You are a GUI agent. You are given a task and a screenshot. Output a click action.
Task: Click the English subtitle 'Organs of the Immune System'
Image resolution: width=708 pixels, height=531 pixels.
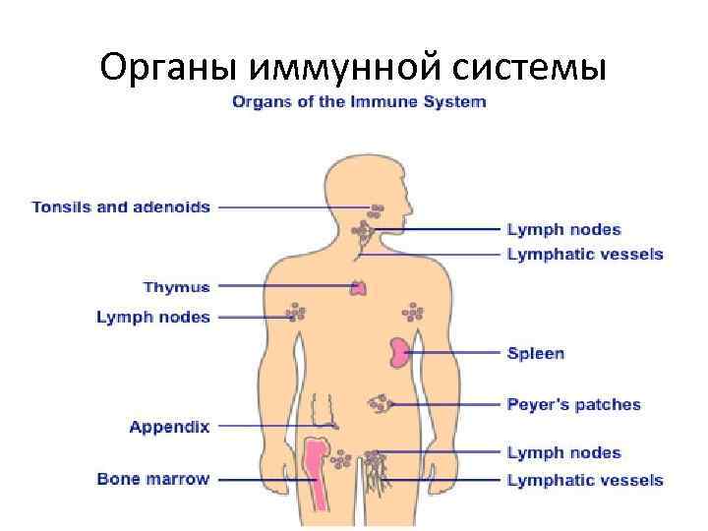pyautogui.click(x=358, y=101)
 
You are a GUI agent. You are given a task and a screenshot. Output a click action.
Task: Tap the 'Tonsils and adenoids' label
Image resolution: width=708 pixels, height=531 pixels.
pyautogui.click(x=121, y=207)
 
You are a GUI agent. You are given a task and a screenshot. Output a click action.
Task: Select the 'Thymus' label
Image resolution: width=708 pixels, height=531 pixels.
pyautogui.click(x=176, y=287)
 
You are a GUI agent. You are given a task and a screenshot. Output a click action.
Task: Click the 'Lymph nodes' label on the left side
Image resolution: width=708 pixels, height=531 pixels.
pyautogui.click(x=153, y=317)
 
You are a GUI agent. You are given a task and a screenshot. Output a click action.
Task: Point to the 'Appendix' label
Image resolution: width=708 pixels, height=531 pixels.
pyautogui.click(x=169, y=427)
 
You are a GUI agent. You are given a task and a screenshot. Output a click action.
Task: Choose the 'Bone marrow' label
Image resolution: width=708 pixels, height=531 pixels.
pyautogui.click(x=153, y=479)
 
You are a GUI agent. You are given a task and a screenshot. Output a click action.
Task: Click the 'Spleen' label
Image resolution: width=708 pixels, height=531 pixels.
pyautogui.click(x=535, y=352)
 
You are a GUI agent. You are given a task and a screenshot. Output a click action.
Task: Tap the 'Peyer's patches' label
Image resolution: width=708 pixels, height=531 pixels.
pyautogui.click(x=572, y=404)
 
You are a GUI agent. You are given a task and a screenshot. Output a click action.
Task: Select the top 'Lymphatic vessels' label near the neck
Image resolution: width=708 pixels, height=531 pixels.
pyautogui.click(x=584, y=254)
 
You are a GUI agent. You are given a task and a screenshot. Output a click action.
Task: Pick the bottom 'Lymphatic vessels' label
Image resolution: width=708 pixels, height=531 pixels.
pyautogui.click(x=584, y=480)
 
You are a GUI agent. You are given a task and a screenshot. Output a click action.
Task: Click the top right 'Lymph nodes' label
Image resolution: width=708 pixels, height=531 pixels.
pyautogui.click(x=563, y=229)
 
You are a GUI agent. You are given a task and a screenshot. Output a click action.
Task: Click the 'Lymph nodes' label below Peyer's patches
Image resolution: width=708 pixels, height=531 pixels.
pyautogui.click(x=563, y=452)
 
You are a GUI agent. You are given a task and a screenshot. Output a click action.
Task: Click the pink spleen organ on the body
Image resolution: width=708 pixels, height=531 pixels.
pyautogui.click(x=398, y=352)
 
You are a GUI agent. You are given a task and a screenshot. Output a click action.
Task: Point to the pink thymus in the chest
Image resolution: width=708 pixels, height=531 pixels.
pyautogui.click(x=361, y=287)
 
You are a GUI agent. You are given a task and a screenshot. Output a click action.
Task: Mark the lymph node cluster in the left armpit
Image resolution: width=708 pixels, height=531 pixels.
pyautogui.click(x=296, y=313)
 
